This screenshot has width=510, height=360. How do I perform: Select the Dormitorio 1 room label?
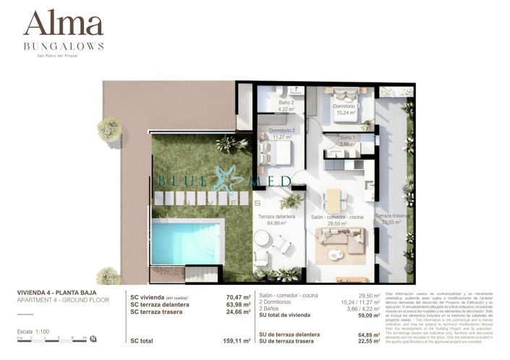click(x=347, y=109)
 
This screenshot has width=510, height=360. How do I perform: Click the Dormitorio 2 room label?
click(x=282, y=133)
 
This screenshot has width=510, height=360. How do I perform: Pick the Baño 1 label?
click(x=348, y=140)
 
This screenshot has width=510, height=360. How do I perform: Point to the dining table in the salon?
click(x=333, y=200)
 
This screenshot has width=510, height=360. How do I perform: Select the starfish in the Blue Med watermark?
click(x=229, y=181)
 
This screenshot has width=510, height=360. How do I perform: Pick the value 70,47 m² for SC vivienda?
click(x=238, y=297)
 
